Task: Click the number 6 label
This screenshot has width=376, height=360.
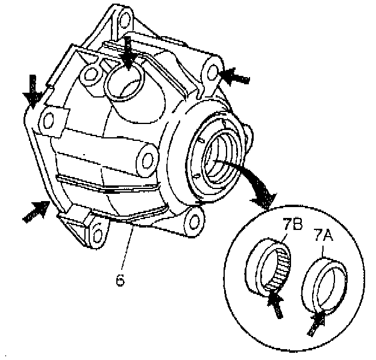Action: pos(120,281)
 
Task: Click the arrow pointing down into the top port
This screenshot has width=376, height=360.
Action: pos(127,57)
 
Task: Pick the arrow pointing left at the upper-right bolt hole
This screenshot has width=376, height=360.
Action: pos(235,76)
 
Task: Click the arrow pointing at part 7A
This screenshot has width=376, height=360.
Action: pos(317,321)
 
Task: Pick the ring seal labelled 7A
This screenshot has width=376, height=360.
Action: pos(325,281)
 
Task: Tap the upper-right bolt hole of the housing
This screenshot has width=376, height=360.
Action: pos(212,71)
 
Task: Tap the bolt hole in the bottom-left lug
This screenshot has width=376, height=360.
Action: pos(95,232)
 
